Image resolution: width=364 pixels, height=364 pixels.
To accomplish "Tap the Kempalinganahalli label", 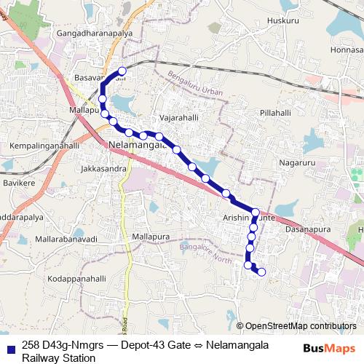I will point(44,146).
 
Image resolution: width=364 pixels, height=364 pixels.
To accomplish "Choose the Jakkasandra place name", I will point(105,169).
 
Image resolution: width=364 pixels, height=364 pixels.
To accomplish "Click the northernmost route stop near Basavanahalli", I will point(122,71).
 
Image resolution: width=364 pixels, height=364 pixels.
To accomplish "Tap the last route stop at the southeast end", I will point(262,273).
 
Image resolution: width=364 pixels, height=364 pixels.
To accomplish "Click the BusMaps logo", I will point(329,348).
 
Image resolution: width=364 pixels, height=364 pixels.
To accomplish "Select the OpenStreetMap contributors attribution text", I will point(301,326).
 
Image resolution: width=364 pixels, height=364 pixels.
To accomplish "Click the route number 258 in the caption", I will point(31,344).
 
